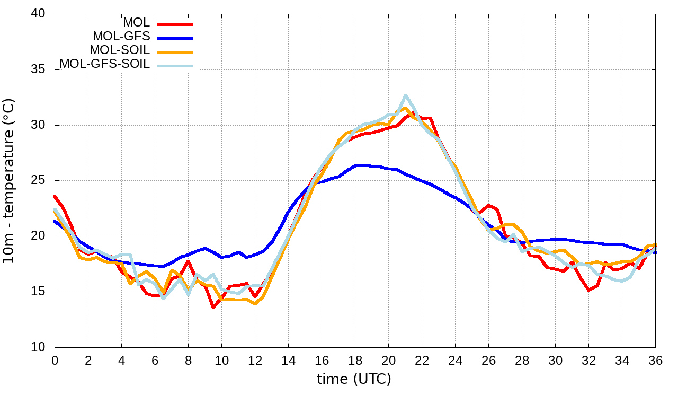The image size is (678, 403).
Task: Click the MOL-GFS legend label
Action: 121,37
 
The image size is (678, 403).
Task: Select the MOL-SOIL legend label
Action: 120,50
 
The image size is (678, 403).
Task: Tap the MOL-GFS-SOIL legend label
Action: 104,64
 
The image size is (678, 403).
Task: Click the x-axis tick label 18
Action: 355,360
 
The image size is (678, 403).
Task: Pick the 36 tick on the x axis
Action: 655,360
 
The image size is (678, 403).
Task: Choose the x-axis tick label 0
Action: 55,360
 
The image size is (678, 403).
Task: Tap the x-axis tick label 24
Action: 455,360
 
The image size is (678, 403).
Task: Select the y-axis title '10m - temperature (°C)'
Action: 10,180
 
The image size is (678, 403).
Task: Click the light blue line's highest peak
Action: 405,95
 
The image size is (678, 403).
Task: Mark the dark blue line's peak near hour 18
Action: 360,165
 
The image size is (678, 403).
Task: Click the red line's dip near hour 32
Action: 588,290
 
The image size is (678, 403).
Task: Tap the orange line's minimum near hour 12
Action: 255,303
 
